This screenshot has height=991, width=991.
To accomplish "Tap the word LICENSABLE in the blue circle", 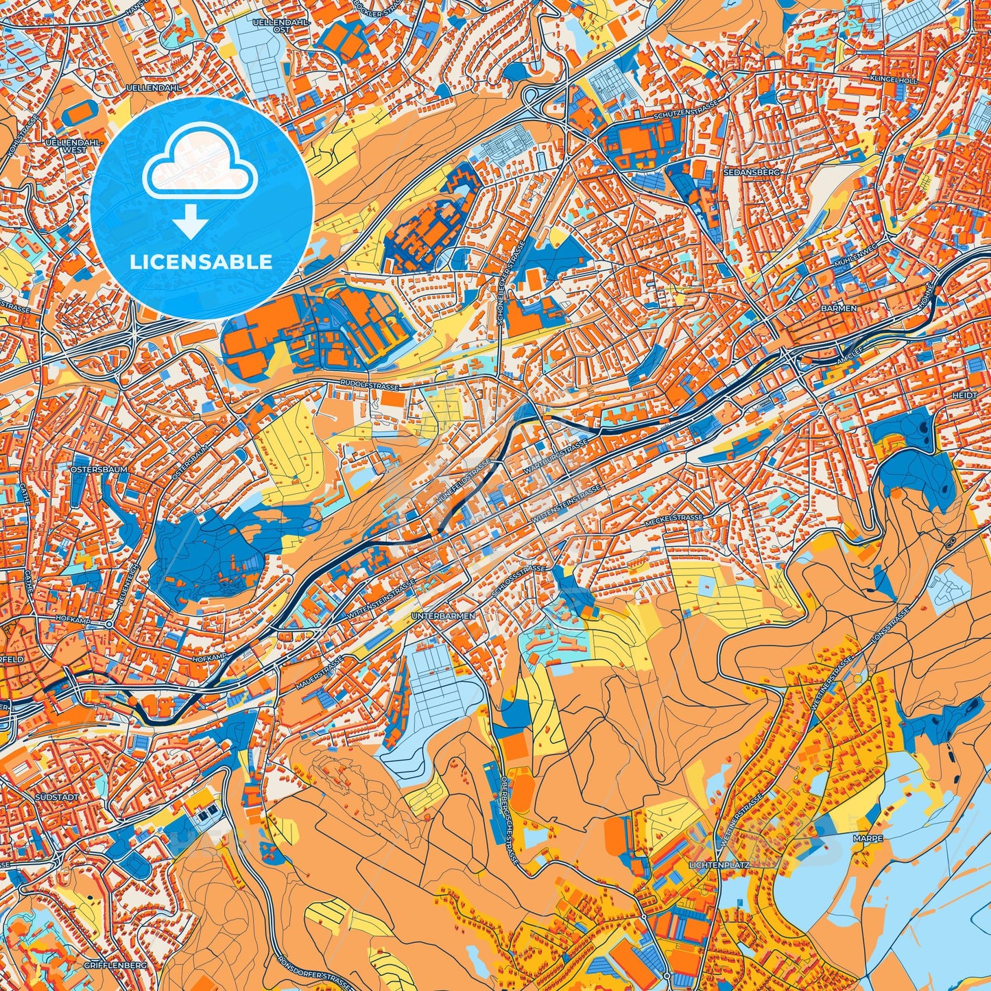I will [x=202, y=262].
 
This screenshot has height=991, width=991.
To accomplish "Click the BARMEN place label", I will [x=839, y=309].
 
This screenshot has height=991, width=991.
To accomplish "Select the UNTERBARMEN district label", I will [x=443, y=617].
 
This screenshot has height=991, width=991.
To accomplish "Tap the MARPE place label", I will [x=868, y=838].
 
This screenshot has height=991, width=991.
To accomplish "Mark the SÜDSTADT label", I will [x=57, y=798].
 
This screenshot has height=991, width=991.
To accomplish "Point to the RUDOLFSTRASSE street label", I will [x=370, y=386].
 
